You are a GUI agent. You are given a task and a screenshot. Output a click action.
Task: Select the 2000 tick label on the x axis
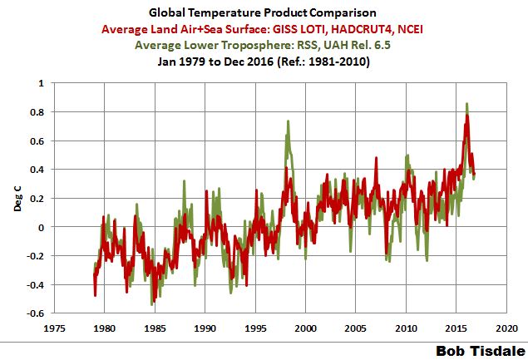305,328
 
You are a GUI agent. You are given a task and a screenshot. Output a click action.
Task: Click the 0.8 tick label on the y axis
38,111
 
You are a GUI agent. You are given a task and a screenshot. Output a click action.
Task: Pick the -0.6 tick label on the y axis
36,313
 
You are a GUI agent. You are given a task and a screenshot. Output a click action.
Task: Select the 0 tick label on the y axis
42,227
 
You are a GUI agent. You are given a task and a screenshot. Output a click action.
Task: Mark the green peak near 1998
288,122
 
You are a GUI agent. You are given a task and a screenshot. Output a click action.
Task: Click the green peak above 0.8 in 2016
467,105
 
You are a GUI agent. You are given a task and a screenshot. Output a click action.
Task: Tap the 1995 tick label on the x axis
255,328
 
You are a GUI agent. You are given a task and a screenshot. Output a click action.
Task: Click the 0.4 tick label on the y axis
38,170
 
